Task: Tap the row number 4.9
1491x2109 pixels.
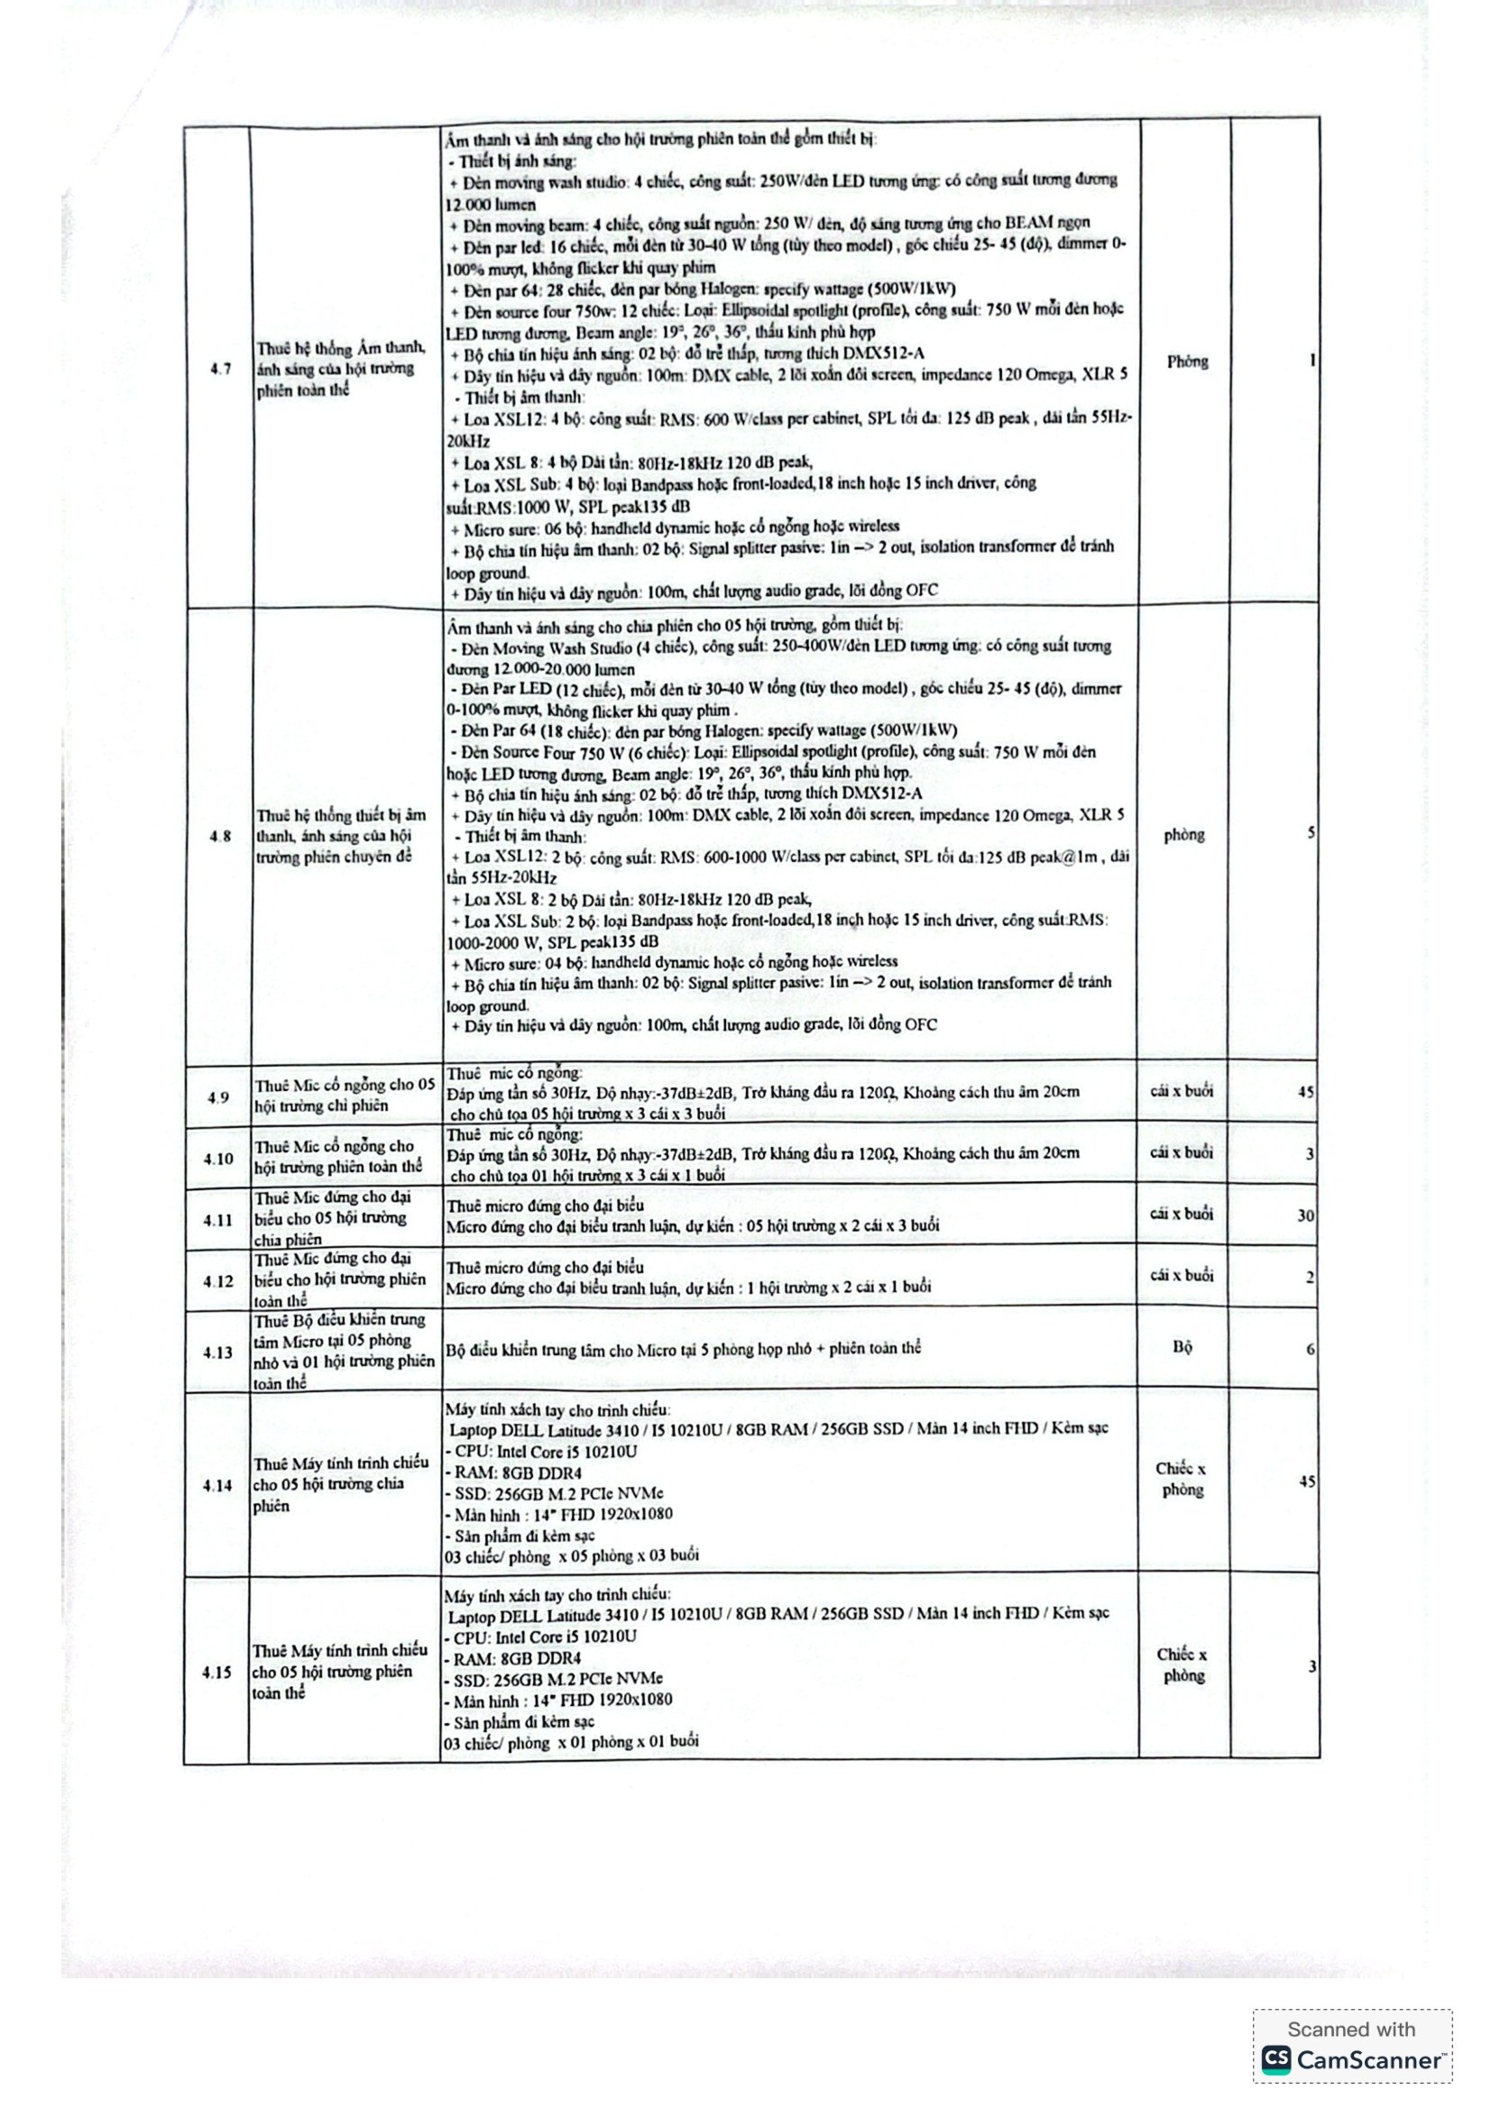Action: pyautogui.click(x=217, y=1096)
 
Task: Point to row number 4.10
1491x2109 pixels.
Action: pyautogui.click(x=218, y=1159)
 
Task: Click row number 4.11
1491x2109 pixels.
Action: pyautogui.click(x=218, y=1220)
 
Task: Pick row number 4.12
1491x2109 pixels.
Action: pyautogui.click(x=218, y=1280)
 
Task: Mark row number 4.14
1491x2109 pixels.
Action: pyautogui.click(x=217, y=1485)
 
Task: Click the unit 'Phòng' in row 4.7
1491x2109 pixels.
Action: pyautogui.click(x=1187, y=361)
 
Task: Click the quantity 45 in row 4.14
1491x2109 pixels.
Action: pyautogui.click(x=1306, y=1481)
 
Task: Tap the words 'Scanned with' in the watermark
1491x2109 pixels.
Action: pyautogui.click(x=1351, y=2029)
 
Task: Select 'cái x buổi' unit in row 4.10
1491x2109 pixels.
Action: pyautogui.click(x=1182, y=1151)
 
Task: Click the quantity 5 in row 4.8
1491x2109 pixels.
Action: pyautogui.click(x=1311, y=833)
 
